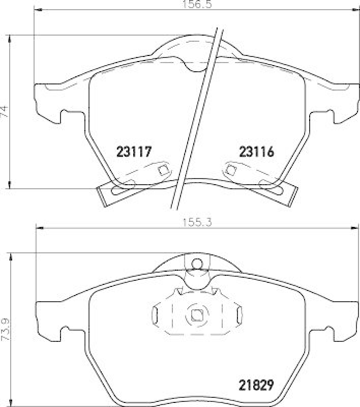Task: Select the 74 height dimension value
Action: (x=5, y=111)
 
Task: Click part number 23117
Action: (x=135, y=152)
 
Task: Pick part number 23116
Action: (x=256, y=152)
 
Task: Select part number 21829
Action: (x=257, y=385)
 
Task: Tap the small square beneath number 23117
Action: (x=163, y=170)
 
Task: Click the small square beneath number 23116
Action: (x=230, y=169)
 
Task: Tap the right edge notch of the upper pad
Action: (x=331, y=115)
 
